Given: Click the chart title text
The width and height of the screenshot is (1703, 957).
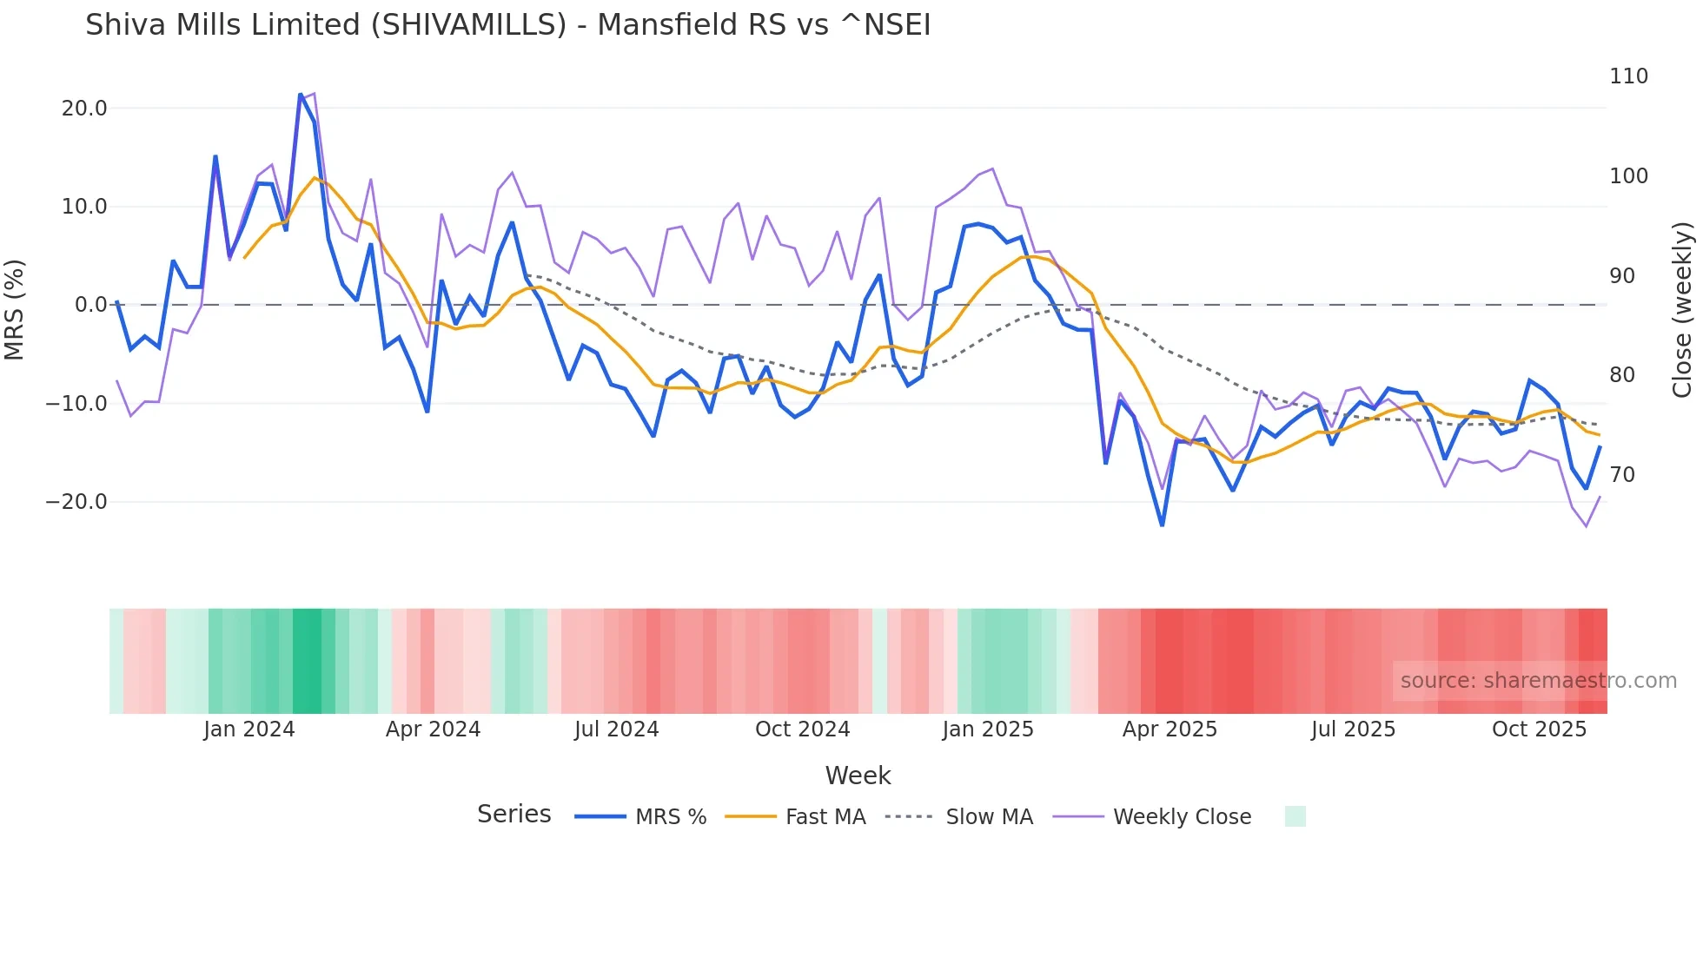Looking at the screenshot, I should [x=507, y=25].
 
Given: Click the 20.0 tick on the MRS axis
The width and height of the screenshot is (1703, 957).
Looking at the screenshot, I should [x=84, y=109].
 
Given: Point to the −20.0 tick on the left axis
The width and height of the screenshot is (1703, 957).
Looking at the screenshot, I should [x=77, y=502].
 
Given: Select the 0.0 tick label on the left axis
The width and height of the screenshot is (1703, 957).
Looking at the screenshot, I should [x=90, y=305].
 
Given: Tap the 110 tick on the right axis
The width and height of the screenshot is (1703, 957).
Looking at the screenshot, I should [x=1628, y=76].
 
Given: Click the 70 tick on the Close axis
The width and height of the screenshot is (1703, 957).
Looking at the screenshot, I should [x=1622, y=475].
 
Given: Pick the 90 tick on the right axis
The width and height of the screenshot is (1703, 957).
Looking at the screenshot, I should [x=1622, y=276].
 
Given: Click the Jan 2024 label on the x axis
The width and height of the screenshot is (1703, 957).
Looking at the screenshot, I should [x=249, y=729].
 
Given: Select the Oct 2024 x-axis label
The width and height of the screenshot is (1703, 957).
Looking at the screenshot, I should [x=802, y=729].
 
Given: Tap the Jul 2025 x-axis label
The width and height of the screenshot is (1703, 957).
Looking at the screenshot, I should [x=1353, y=729].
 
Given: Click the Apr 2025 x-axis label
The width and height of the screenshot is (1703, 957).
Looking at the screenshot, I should [x=1170, y=729].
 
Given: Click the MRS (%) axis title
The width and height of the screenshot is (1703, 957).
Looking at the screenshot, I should [x=15, y=309].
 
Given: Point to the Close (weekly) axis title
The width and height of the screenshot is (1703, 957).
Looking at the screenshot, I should [x=1683, y=309].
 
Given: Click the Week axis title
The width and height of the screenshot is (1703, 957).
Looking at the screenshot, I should [x=858, y=775].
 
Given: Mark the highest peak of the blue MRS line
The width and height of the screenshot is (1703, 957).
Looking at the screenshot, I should [x=301, y=95].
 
